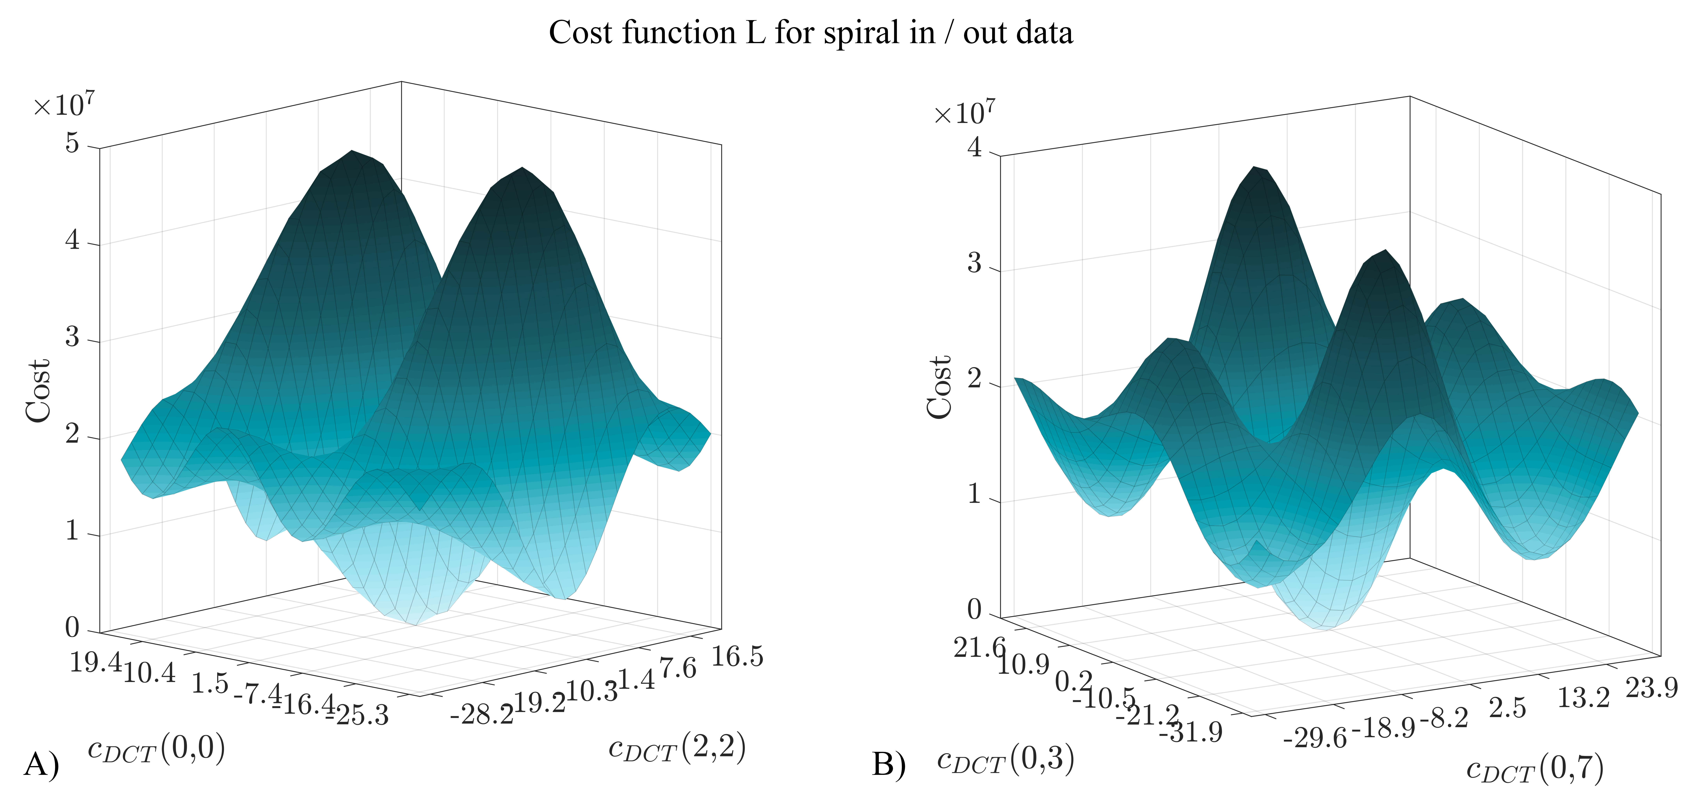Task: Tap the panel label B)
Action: pos(889,765)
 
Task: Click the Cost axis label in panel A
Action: pos(38,390)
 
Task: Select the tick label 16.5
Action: pos(737,656)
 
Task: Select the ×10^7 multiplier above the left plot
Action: pos(64,105)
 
